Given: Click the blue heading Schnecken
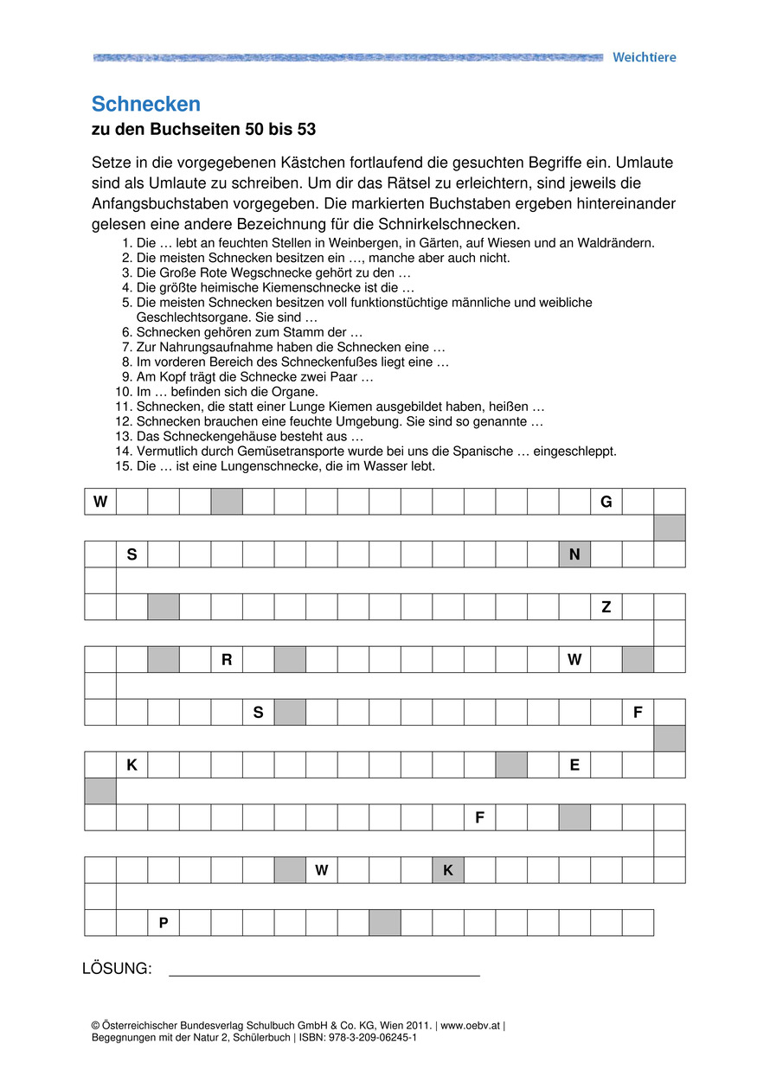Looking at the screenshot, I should (x=145, y=105).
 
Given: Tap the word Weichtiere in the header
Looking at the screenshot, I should (x=644, y=57).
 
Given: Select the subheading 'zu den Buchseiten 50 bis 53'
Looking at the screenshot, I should (x=204, y=131).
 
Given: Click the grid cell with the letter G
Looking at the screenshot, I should (x=606, y=502).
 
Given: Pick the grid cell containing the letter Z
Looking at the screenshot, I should (x=606, y=607).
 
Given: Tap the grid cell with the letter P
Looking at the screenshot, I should (x=164, y=923).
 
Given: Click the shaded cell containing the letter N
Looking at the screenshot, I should (x=574, y=554).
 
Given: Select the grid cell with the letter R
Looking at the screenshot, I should (x=227, y=660).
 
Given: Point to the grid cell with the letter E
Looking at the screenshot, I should (x=574, y=766).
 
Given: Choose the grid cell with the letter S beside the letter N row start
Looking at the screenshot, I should (x=132, y=554).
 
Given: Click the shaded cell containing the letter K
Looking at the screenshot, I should (x=448, y=870).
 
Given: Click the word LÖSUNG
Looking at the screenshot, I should (x=117, y=969).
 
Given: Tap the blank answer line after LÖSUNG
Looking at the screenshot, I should (x=324, y=970).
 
